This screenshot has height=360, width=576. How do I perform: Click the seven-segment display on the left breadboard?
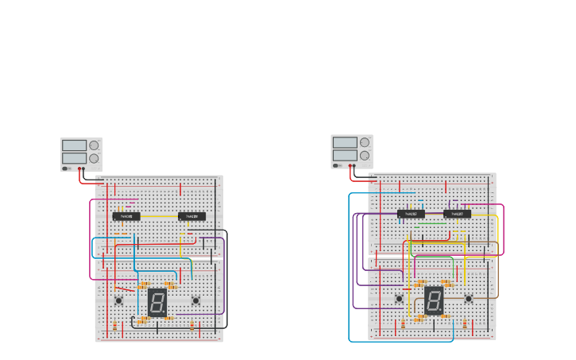pyautogui.click(x=157, y=302)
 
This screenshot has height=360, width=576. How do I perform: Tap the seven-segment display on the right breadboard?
pyautogui.click(x=434, y=300)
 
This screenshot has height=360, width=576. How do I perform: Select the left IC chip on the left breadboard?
pyautogui.click(x=126, y=216)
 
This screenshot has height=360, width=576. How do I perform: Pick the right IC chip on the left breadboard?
pyautogui.click(x=191, y=216)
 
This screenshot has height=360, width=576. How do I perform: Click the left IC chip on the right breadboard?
pyautogui.click(x=411, y=214)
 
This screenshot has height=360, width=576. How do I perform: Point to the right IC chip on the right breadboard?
pyautogui.click(x=457, y=214)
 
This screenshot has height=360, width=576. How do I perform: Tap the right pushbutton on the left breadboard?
pyautogui.click(x=195, y=300)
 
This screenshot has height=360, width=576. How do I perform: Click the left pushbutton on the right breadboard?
pyautogui.click(x=399, y=299)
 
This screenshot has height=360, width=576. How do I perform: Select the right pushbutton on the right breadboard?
pyautogui.click(x=468, y=299)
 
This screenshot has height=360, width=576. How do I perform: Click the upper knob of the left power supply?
pyautogui.click(x=95, y=145)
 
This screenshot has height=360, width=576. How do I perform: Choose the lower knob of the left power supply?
pyautogui.click(x=95, y=158)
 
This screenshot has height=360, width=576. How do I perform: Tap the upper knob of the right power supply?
pyautogui.click(x=365, y=143)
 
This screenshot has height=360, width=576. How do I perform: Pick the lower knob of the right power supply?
pyautogui.click(x=365, y=155)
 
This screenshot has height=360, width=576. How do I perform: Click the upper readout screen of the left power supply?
pyautogui.click(x=74, y=145)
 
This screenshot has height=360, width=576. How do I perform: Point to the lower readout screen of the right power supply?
pyautogui.click(x=345, y=155)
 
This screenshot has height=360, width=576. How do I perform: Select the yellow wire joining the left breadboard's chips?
pyautogui.click(x=159, y=216)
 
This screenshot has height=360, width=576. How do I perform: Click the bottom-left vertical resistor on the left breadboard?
pyautogui.click(x=115, y=326)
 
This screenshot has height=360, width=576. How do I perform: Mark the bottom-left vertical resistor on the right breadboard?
pyautogui.click(x=403, y=324)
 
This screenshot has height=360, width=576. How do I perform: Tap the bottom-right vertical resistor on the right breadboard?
pyautogui.click(x=465, y=324)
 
